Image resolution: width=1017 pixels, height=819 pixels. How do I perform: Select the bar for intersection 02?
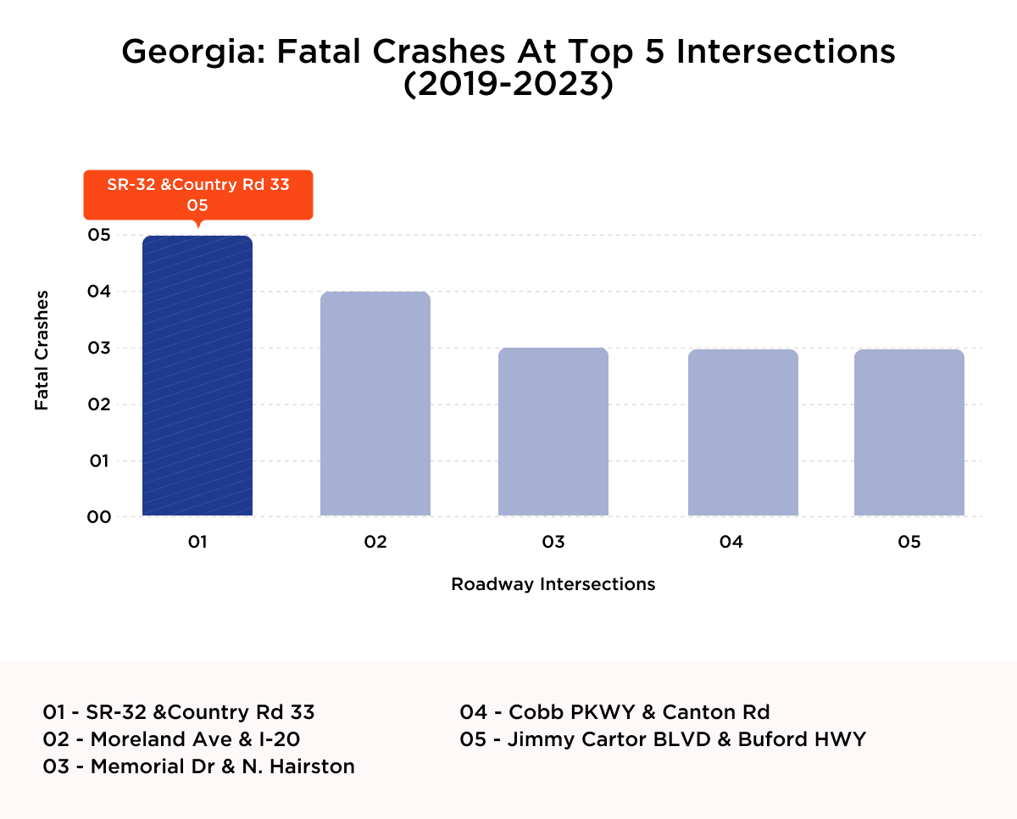point(375,404)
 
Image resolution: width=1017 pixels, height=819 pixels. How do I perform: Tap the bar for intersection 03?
point(553,432)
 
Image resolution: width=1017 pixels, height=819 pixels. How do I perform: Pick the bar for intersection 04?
point(743,432)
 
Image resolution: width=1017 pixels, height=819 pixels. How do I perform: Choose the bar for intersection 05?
point(909,432)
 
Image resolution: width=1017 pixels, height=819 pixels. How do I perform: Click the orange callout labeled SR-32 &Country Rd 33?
point(197,194)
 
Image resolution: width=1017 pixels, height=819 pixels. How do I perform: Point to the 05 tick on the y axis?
point(100,235)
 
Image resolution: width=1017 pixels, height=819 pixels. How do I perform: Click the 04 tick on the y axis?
point(100,292)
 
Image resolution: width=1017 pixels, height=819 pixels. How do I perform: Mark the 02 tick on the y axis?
point(100,404)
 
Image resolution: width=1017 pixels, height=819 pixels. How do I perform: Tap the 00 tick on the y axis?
point(100,517)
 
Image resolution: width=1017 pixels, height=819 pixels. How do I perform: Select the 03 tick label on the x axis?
point(553,543)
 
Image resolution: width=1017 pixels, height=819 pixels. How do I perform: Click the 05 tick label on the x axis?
point(909,543)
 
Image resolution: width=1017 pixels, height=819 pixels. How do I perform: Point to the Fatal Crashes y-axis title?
point(42,350)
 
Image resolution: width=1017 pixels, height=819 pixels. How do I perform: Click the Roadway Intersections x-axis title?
point(553,584)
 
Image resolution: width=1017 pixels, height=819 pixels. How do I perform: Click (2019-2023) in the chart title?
point(508,86)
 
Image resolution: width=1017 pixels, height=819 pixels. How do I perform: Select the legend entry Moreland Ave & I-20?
point(171,739)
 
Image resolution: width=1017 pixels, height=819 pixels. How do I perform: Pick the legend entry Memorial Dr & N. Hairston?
point(198,766)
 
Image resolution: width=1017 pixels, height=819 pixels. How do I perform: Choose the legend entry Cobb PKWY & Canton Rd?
point(614,712)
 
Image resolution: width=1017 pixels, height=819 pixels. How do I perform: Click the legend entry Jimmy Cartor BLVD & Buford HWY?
point(663,739)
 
